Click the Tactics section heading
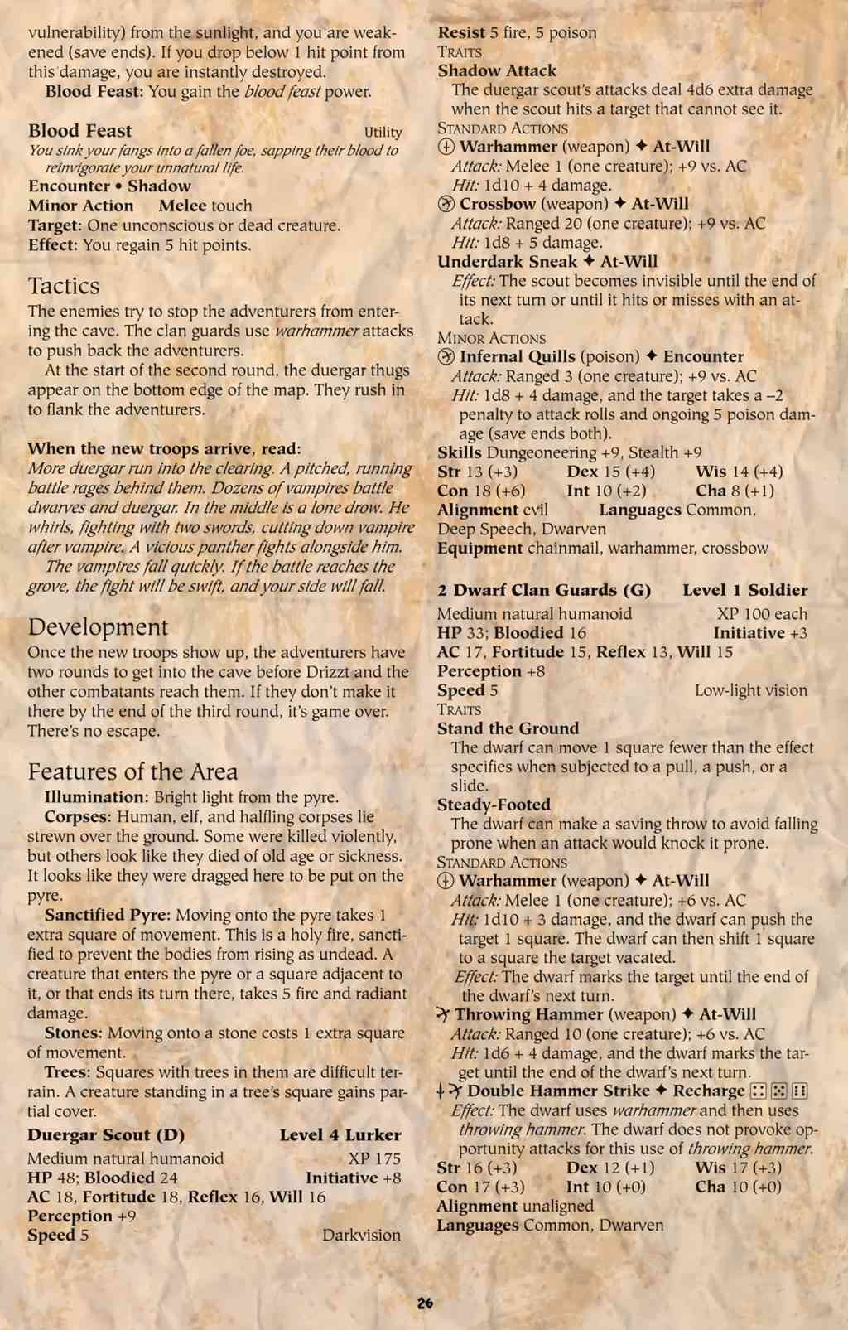tap(64, 286)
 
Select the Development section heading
tap(98, 626)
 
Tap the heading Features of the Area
tap(132, 771)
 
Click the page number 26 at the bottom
tap(425, 1303)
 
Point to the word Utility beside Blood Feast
tap(383, 132)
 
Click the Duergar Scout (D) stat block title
tap(106, 1134)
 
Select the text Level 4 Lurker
tap(340, 1134)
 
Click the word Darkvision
tap(361, 1235)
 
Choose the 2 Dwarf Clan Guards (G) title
tap(544, 590)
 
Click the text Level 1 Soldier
tap(744, 590)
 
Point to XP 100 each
tap(762, 614)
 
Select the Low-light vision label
tap(750, 690)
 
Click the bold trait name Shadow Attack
tap(497, 70)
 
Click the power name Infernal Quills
tap(518, 356)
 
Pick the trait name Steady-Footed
tap(494, 805)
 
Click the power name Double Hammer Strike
tap(560, 1091)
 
